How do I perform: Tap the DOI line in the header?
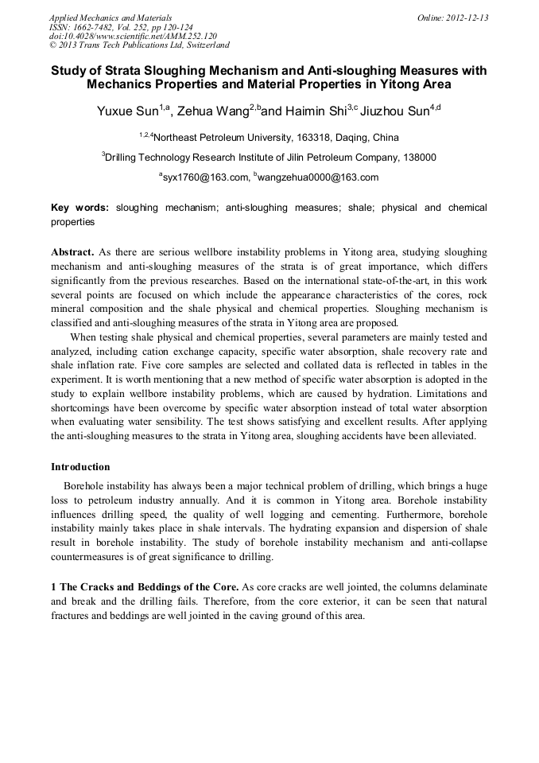point(132,36)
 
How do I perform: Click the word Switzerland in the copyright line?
point(205,45)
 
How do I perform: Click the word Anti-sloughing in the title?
point(349,70)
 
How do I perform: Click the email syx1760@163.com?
point(203,177)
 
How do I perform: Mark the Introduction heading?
point(80,466)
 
